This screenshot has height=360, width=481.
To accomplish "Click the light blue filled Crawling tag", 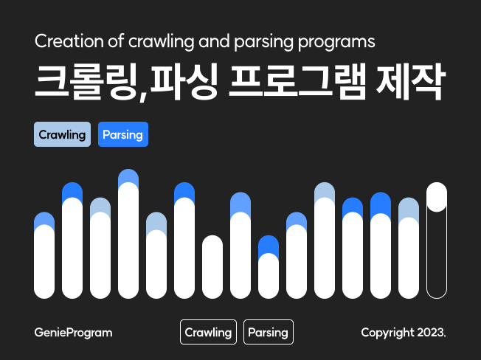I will click(x=62, y=135).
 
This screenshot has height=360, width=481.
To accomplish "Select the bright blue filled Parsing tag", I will click(x=123, y=135).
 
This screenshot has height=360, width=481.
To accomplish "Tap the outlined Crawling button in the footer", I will click(x=208, y=333).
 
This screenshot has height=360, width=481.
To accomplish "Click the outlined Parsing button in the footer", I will click(x=268, y=333).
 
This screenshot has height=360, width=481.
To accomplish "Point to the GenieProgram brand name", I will click(x=73, y=333).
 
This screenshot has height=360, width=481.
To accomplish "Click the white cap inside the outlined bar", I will click(x=437, y=197).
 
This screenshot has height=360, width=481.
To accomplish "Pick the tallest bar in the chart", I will click(x=128, y=236).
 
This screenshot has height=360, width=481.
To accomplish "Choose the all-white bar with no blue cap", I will click(x=212, y=267).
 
